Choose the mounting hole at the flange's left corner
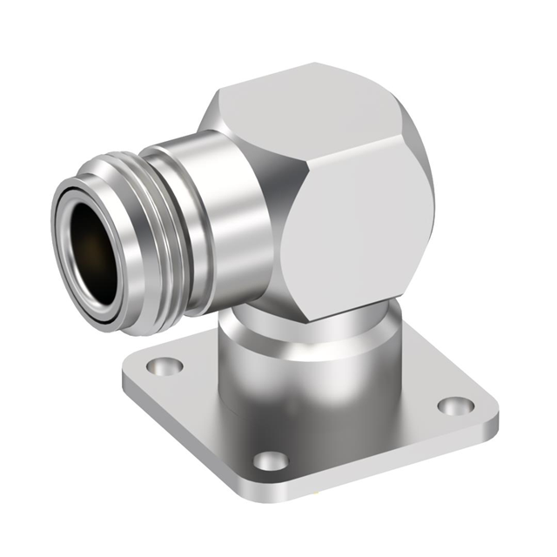(x=164, y=366)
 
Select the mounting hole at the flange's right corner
(x=455, y=406)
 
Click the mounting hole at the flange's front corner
(x=271, y=460)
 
